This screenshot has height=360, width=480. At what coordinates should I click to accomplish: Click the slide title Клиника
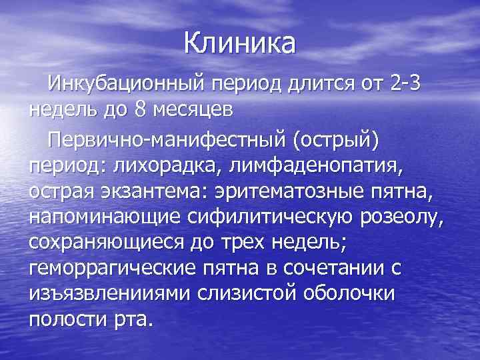(x=240, y=44)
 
